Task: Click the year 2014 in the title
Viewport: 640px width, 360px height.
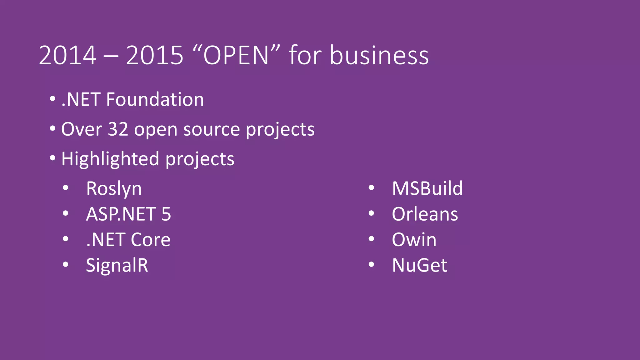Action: pyautogui.click(x=67, y=56)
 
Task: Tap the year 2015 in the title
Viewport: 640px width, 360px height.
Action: pyautogui.click(x=154, y=56)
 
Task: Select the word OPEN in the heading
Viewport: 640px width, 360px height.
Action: pyautogui.click(x=236, y=56)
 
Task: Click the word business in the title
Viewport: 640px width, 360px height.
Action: pyautogui.click(x=379, y=56)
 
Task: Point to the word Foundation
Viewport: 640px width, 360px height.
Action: pyautogui.click(x=155, y=100)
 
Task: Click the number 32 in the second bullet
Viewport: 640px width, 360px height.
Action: pyautogui.click(x=118, y=129)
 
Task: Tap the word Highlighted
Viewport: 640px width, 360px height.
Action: pyautogui.click(x=110, y=159)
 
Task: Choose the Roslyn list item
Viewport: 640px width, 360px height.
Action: pyautogui.click(x=114, y=189)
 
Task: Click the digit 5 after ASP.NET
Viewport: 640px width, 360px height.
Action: pyautogui.click(x=166, y=214)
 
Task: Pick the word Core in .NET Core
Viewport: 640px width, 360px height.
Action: pyautogui.click(x=151, y=240)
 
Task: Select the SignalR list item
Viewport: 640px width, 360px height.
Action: pyautogui.click(x=117, y=266)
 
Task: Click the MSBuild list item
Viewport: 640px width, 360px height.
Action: pyautogui.click(x=427, y=189)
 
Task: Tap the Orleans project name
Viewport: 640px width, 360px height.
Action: pyautogui.click(x=425, y=214)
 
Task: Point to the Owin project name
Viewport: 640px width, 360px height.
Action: pyautogui.click(x=414, y=240)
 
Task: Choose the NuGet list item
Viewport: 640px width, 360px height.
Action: pyautogui.click(x=419, y=266)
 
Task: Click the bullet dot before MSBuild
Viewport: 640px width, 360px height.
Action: pyautogui.click(x=371, y=188)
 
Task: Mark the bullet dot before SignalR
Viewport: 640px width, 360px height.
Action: pyautogui.click(x=65, y=265)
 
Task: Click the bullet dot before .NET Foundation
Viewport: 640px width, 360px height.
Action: pyautogui.click(x=52, y=99)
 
